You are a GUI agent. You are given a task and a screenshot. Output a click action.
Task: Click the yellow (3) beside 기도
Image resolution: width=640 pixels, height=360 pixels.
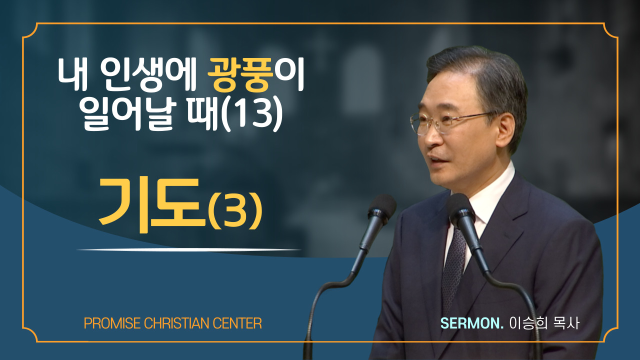pos(235,211)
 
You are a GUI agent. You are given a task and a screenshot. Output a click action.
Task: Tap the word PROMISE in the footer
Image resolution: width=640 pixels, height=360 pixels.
pos(112,323)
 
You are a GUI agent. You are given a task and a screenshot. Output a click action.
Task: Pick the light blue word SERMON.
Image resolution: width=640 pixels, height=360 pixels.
pos(471,323)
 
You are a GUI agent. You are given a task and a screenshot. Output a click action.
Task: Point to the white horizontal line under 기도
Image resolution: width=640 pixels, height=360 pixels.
pos(189,249)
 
